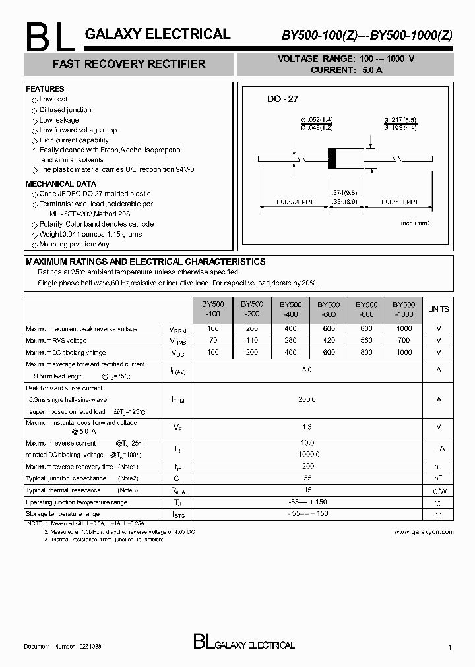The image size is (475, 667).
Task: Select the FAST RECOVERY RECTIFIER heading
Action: coord(129,64)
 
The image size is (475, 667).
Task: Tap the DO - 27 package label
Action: coord(282,99)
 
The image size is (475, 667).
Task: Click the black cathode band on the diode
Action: coord(332,159)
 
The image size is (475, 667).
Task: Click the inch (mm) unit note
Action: coord(415,223)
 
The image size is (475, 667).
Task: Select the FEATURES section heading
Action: coord(45,89)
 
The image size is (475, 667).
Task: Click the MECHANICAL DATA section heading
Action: coord(61,184)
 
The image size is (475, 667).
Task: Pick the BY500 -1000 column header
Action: coord(404,309)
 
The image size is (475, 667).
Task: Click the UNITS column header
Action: coord(438,309)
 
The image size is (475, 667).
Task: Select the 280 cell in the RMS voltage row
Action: coord(290,341)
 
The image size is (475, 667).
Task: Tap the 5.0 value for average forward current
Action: coord(307,370)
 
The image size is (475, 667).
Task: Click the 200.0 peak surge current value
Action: coord(307,399)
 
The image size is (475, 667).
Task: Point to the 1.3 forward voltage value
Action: coord(307,427)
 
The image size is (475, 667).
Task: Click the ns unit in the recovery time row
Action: coord(438,466)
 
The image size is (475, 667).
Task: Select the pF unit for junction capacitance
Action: coord(438,478)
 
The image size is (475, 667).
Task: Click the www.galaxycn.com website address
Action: coord(424,531)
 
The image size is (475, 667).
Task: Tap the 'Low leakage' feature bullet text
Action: coord(59,120)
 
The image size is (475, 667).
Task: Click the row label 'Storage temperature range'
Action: coord(63,513)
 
